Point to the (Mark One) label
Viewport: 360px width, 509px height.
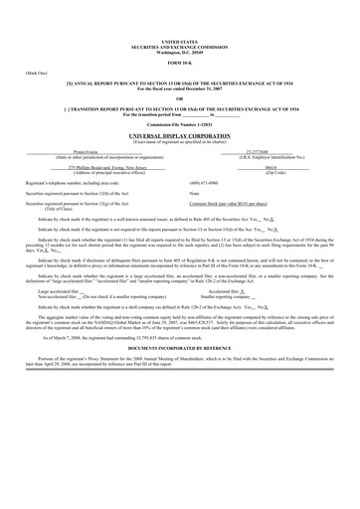tap(36, 74)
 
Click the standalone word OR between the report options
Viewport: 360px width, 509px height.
tap(179, 98)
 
